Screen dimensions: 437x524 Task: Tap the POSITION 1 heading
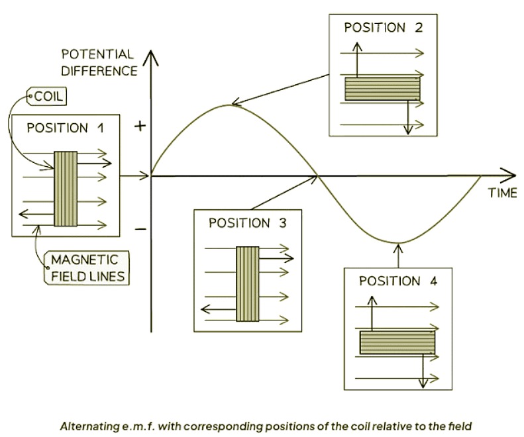tap(65, 128)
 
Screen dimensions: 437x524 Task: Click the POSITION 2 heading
tap(383, 28)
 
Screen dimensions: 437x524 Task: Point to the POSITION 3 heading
tap(247, 223)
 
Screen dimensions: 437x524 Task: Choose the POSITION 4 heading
tap(397, 281)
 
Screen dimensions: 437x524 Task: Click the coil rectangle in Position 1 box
tap(66, 189)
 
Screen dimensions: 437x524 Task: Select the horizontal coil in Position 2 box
tap(382, 89)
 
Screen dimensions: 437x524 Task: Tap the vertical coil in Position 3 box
tap(247, 283)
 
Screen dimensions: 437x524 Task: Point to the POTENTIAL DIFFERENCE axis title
tap(99, 62)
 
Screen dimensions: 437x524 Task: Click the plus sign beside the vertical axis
tap(140, 126)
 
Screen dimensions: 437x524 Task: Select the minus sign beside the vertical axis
tap(140, 229)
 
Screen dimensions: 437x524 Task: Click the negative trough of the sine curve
tap(398, 242)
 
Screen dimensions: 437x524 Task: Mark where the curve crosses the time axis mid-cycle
tap(317, 175)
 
